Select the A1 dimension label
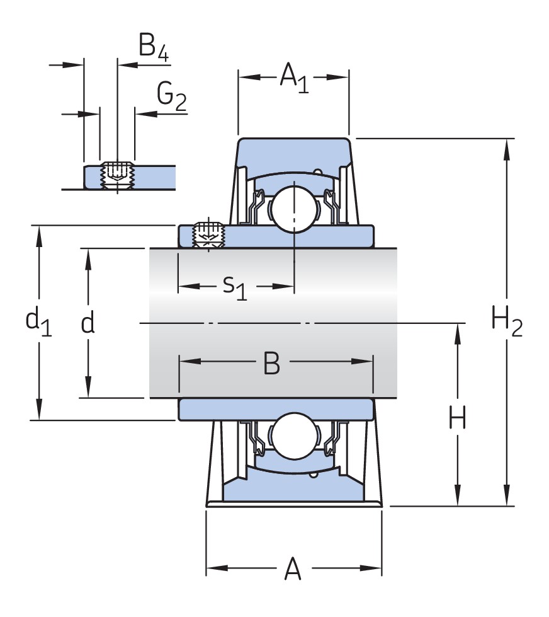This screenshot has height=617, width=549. (x=293, y=78)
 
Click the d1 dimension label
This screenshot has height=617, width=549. (x=38, y=321)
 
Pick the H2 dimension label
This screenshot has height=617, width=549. (x=506, y=322)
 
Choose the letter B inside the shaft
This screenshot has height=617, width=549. (x=271, y=363)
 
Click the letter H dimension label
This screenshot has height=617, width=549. (x=457, y=418)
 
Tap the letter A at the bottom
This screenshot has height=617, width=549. (x=293, y=570)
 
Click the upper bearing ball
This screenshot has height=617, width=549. (x=293, y=207)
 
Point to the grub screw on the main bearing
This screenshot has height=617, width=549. (x=209, y=235)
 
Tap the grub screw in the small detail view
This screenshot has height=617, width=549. (x=117, y=173)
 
